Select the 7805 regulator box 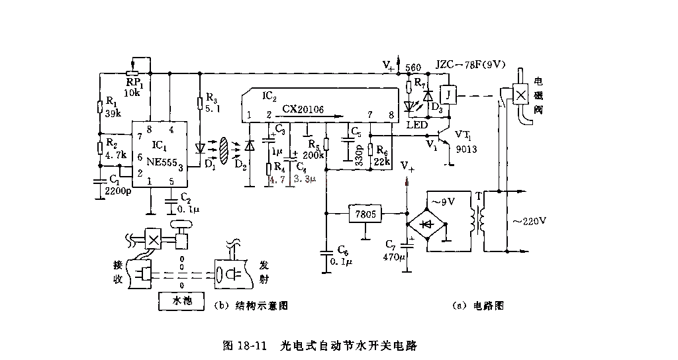pos(365,214)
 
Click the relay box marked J pos(448,95)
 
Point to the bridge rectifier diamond pos(427,224)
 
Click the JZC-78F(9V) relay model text pos(470,65)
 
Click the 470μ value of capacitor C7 pos(393,257)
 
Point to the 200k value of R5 pos(315,156)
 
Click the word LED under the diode pos(416,124)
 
